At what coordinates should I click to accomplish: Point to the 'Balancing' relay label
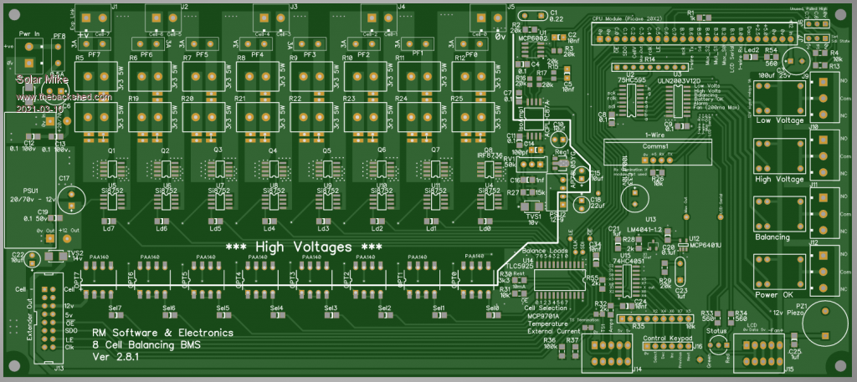pyautogui.click(x=772, y=237)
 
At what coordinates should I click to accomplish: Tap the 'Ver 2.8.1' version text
pyautogui.click(x=115, y=357)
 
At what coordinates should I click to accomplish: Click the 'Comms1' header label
pyautogui.click(x=657, y=145)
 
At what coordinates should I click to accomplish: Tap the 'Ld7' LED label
pyautogui.click(x=109, y=228)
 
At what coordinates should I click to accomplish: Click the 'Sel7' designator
pyautogui.click(x=115, y=308)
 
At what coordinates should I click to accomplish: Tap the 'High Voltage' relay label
pyautogui.click(x=772, y=179)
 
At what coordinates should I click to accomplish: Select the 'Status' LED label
pyautogui.click(x=717, y=332)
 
